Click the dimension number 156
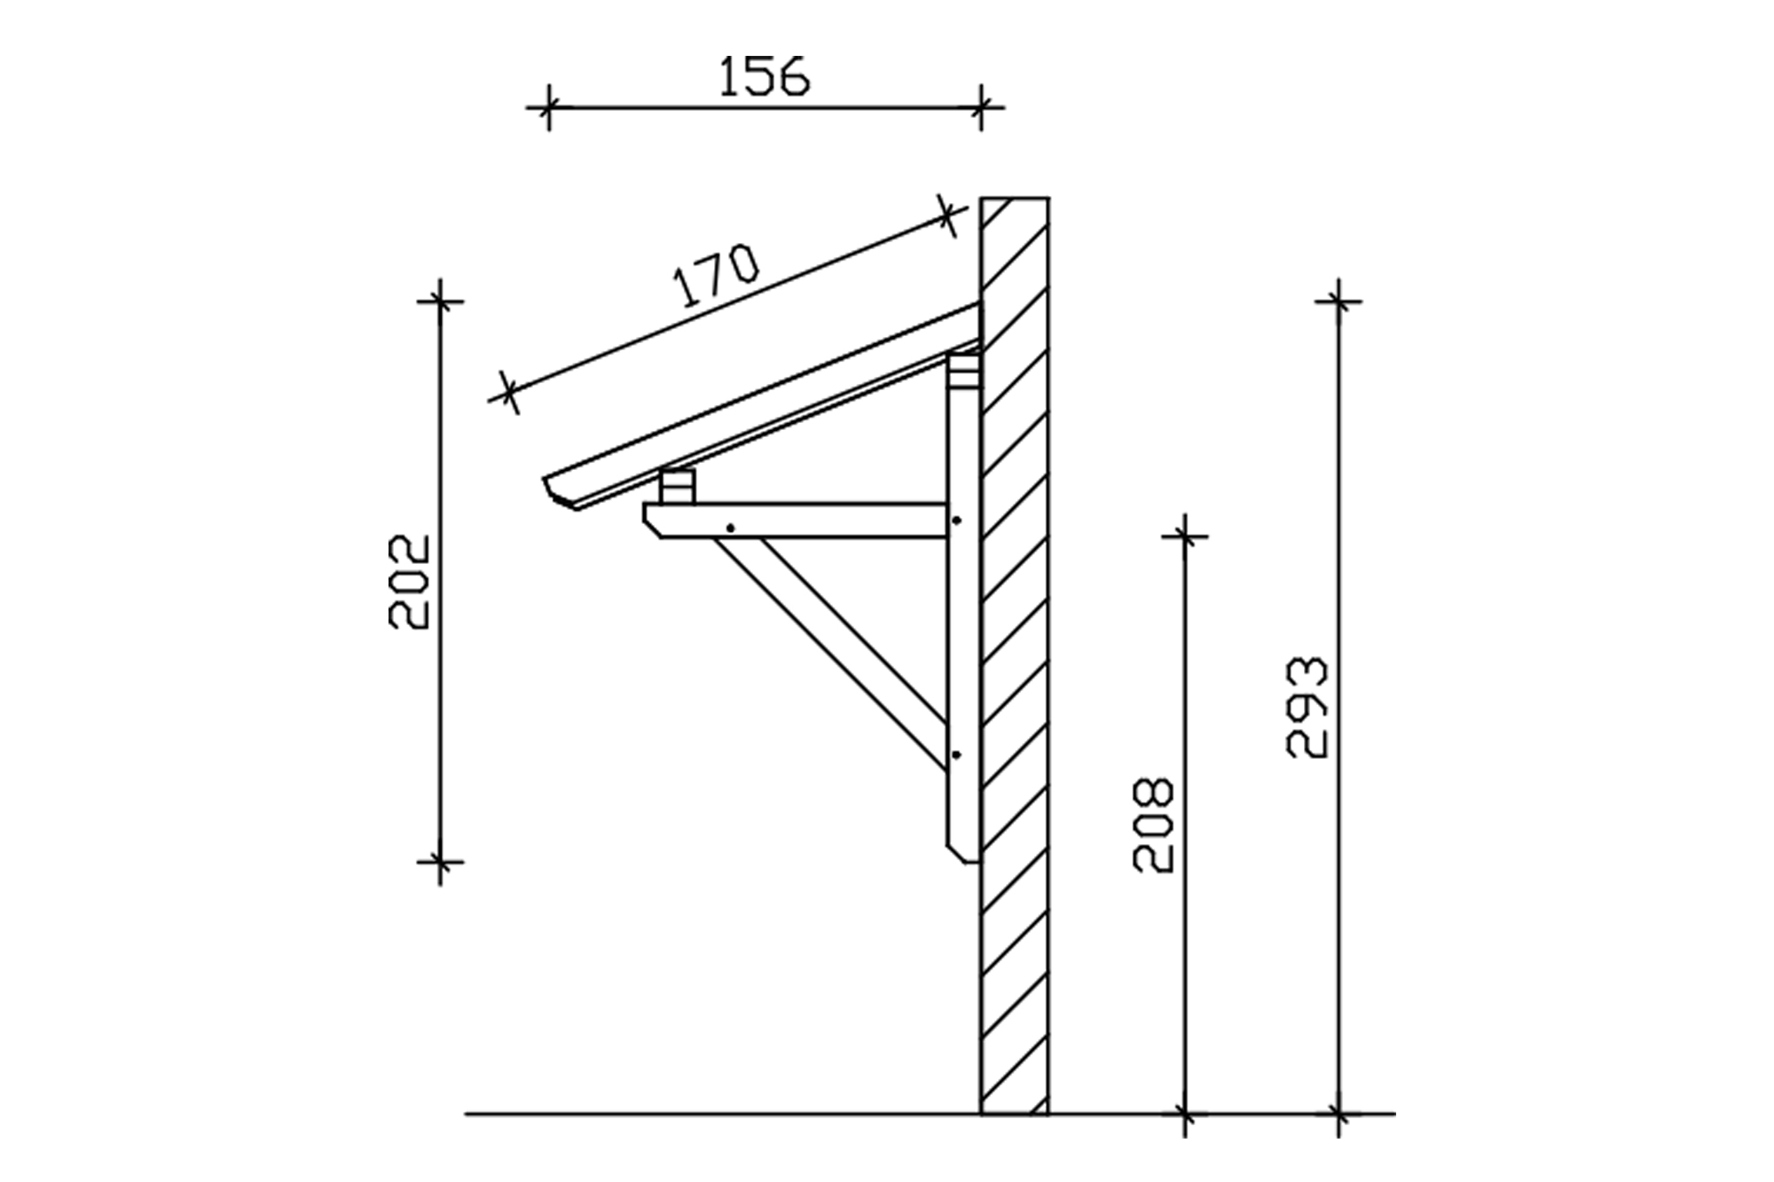[764, 76]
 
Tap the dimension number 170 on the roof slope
[716, 275]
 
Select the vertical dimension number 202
[410, 581]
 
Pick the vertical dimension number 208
[1154, 825]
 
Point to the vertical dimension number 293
[1307, 707]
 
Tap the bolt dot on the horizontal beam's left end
[730, 528]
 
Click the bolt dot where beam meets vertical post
[956, 521]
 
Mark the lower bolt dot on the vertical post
[956, 755]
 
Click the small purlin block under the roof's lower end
[678, 487]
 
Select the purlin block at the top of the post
[963, 372]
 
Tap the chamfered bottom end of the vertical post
[962, 851]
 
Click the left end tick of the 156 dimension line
[549, 107]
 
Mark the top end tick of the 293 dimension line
[1338, 301]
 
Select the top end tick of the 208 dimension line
[1185, 536]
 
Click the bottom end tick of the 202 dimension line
[440, 860]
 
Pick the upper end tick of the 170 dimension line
[948, 215]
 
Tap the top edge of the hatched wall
[1015, 198]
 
